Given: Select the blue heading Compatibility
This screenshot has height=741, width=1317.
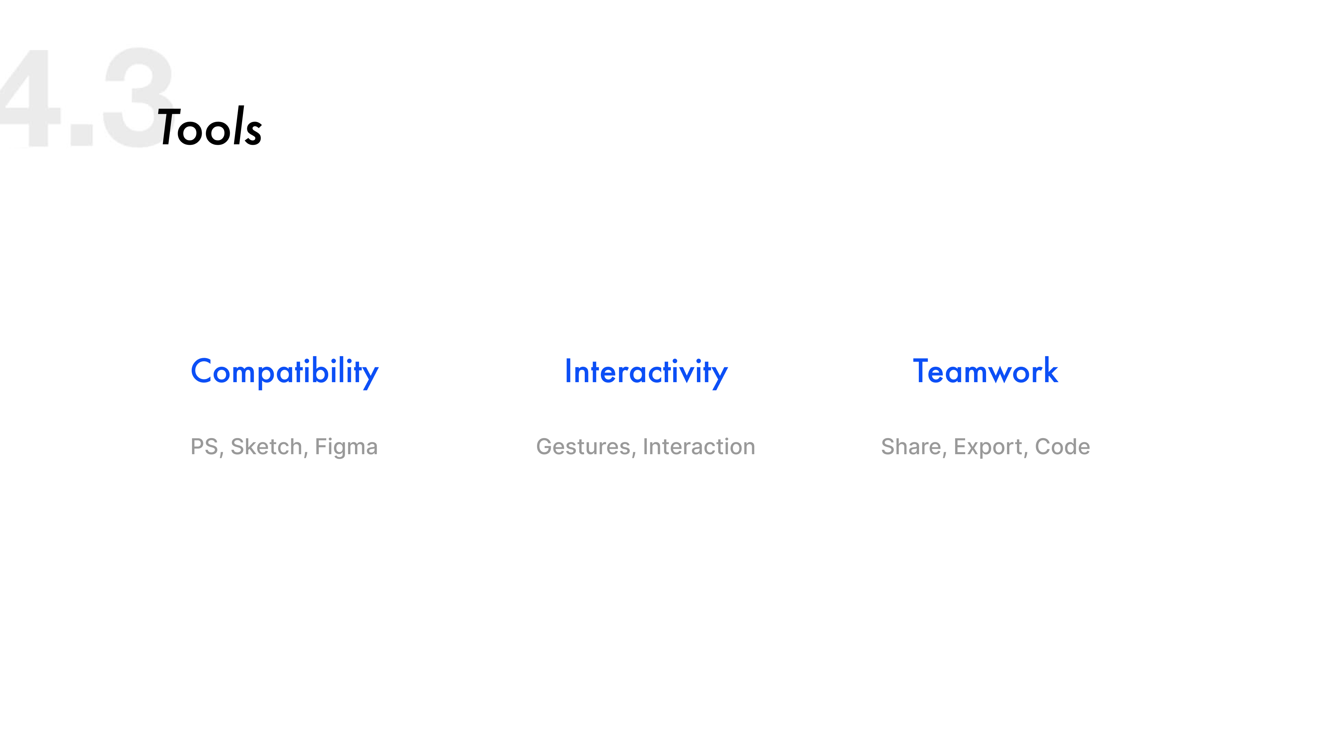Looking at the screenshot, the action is (285, 372).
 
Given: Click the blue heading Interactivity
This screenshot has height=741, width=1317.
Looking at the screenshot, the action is (646, 372).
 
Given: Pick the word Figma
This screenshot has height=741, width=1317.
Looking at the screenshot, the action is (346, 447).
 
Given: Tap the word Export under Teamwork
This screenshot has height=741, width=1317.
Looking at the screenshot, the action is (988, 447).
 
